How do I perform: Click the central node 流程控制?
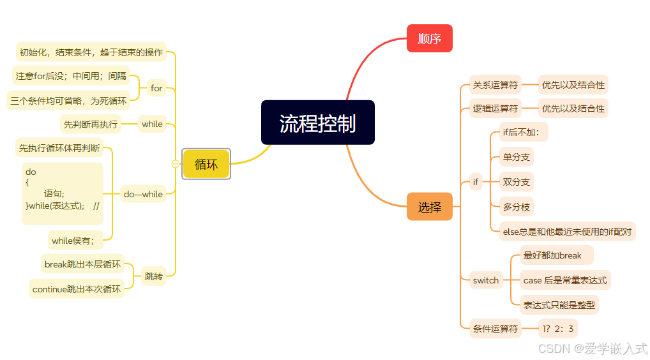(x=317, y=123)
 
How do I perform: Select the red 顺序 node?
(x=429, y=38)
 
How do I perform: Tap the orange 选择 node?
(x=429, y=207)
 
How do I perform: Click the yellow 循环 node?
(x=206, y=164)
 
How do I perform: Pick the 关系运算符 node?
(x=495, y=84)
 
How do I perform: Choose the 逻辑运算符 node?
(x=495, y=109)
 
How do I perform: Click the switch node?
(x=485, y=280)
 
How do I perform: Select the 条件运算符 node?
(x=495, y=329)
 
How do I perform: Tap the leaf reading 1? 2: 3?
(x=558, y=329)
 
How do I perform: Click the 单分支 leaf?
(x=516, y=157)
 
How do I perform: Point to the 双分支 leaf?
(x=516, y=182)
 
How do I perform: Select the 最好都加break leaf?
(x=553, y=255)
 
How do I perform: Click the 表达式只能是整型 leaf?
(x=559, y=305)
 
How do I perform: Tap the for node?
(x=156, y=88)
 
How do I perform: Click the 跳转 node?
(x=153, y=276)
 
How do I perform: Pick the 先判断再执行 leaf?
(x=91, y=124)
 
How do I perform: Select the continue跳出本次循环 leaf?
(x=77, y=289)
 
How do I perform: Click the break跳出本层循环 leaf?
(x=82, y=264)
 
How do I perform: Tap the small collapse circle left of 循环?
(x=176, y=164)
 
